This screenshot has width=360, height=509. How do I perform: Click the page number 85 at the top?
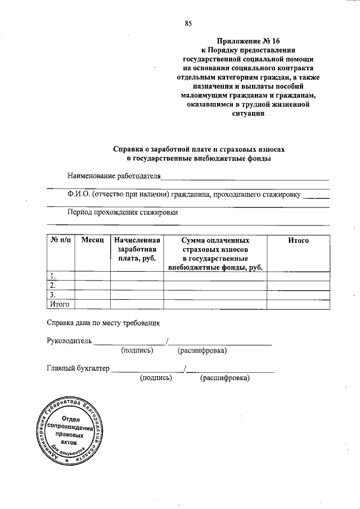click(188, 23)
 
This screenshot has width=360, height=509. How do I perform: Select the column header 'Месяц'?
click(92, 240)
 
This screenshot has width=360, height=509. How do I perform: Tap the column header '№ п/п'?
click(60, 240)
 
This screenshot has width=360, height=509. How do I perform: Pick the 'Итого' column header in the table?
click(298, 240)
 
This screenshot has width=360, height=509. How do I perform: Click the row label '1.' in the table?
click(53, 276)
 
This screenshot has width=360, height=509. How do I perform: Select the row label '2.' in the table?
click(53, 285)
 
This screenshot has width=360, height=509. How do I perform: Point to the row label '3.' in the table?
click(53, 295)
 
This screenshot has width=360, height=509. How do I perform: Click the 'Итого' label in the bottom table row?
click(59, 304)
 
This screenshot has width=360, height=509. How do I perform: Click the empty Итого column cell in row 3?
click(298, 295)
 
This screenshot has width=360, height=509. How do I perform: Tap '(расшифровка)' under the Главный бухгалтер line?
click(224, 378)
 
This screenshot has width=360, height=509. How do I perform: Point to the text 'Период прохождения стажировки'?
click(122, 213)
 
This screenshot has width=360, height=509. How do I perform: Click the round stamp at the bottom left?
click(68, 432)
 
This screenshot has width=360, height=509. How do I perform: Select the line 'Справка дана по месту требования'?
click(103, 323)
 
